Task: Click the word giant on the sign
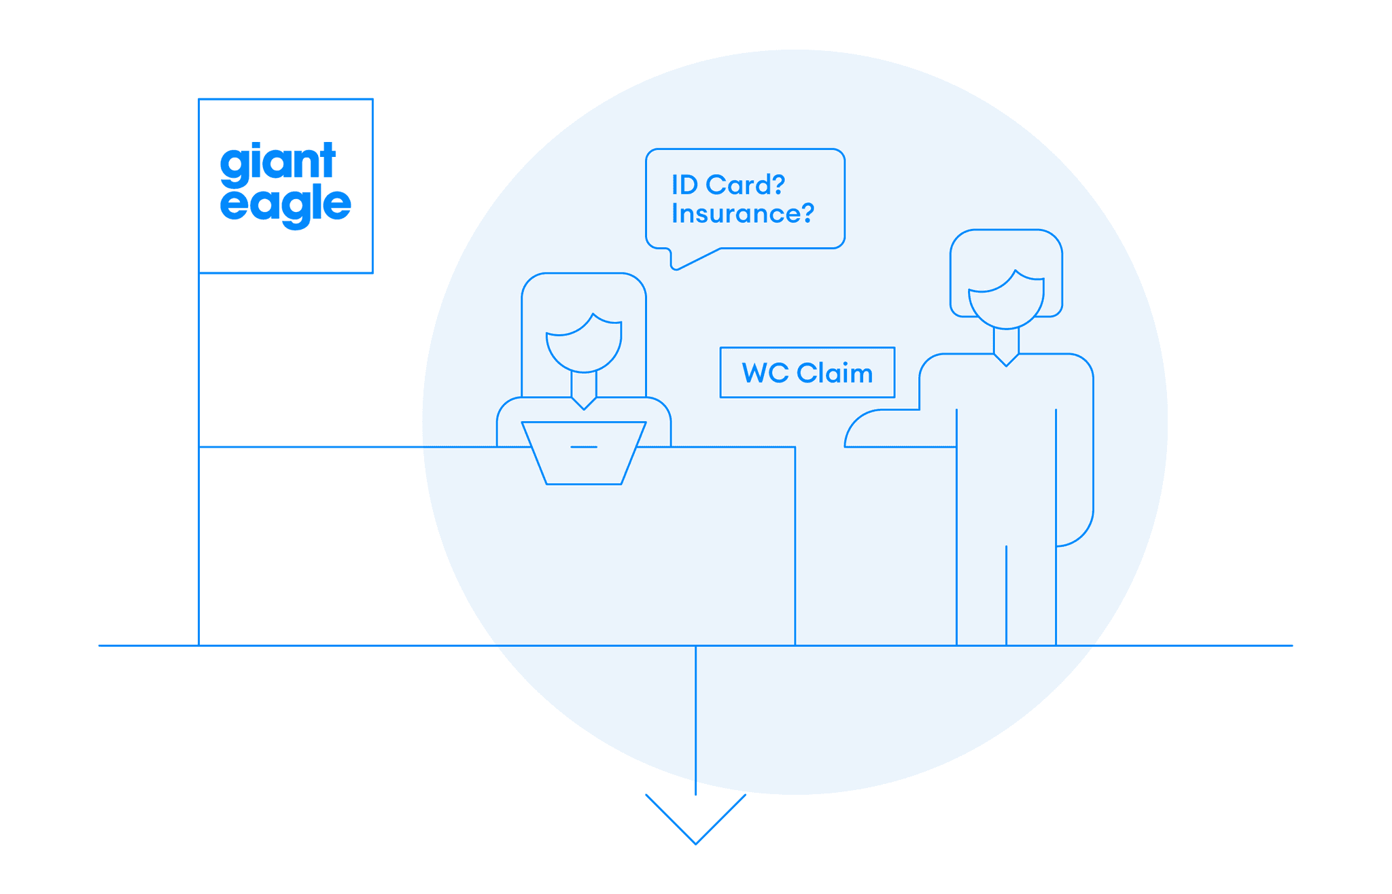277,163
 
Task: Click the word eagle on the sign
285,204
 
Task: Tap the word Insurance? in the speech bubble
742,214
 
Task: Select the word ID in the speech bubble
684,185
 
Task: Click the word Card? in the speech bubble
746,185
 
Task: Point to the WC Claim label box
807,372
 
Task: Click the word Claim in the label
835,373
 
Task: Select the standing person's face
1006,302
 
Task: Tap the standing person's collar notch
1006,359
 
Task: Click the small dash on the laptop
584,447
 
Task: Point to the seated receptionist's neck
584,384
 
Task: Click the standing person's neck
1006,339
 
